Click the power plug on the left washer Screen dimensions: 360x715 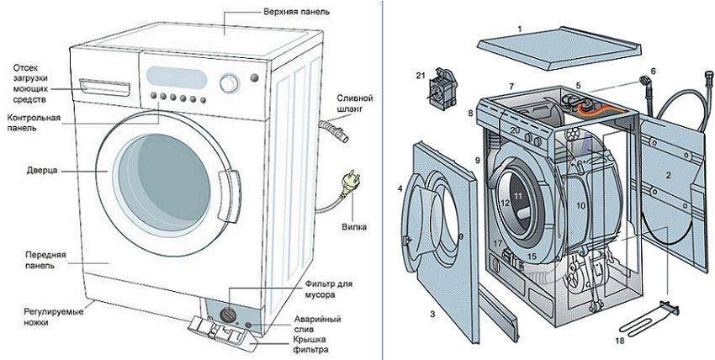344,180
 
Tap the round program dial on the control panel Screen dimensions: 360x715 228,84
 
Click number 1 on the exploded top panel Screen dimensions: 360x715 520,29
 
